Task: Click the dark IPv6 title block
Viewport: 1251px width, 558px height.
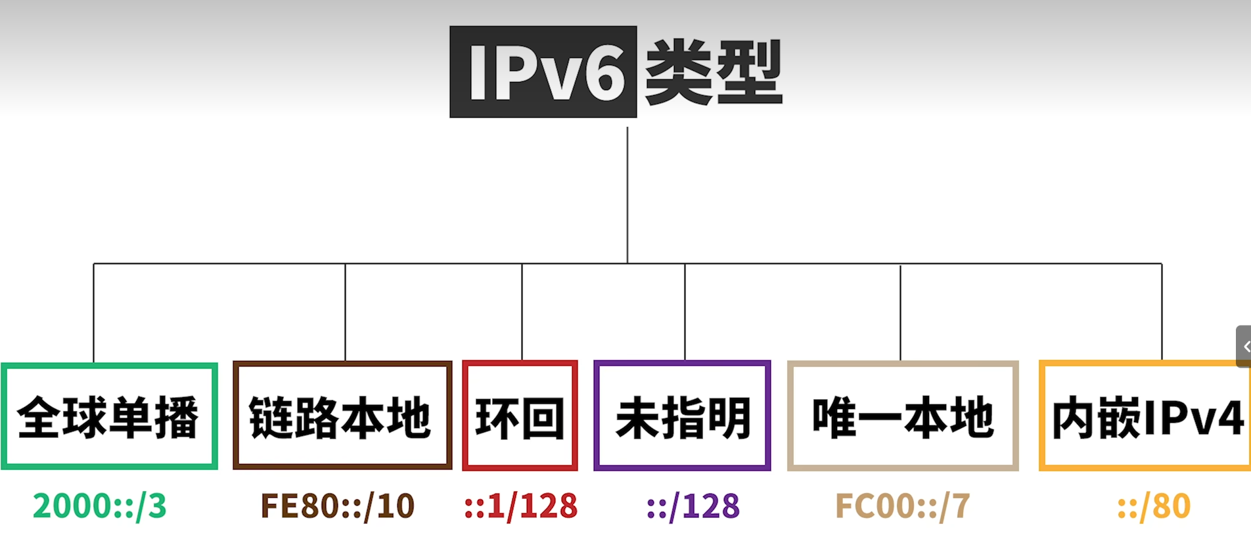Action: pos(543,72)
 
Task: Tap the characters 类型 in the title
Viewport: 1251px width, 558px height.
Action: pos(714,72)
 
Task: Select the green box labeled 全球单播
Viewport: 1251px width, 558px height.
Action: pos(109,416)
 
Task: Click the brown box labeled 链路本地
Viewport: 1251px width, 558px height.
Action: pos(342,416)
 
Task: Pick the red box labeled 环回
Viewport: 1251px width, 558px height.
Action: pos(520,416)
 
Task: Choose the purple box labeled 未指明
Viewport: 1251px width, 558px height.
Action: pos(682,416)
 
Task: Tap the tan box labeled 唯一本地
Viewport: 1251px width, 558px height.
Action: pos(903,416)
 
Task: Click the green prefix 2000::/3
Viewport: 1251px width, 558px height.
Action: pos(100,506)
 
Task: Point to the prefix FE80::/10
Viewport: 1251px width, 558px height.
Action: pos(338,506)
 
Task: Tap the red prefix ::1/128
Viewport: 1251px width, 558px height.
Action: pos(520,506)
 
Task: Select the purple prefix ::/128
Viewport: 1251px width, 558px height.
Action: pos(693,506)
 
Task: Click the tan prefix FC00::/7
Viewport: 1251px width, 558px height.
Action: pos(903,506)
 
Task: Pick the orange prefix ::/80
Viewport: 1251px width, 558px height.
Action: pos(1154,506)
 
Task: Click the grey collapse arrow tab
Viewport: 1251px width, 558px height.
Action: pos(1244,347)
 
